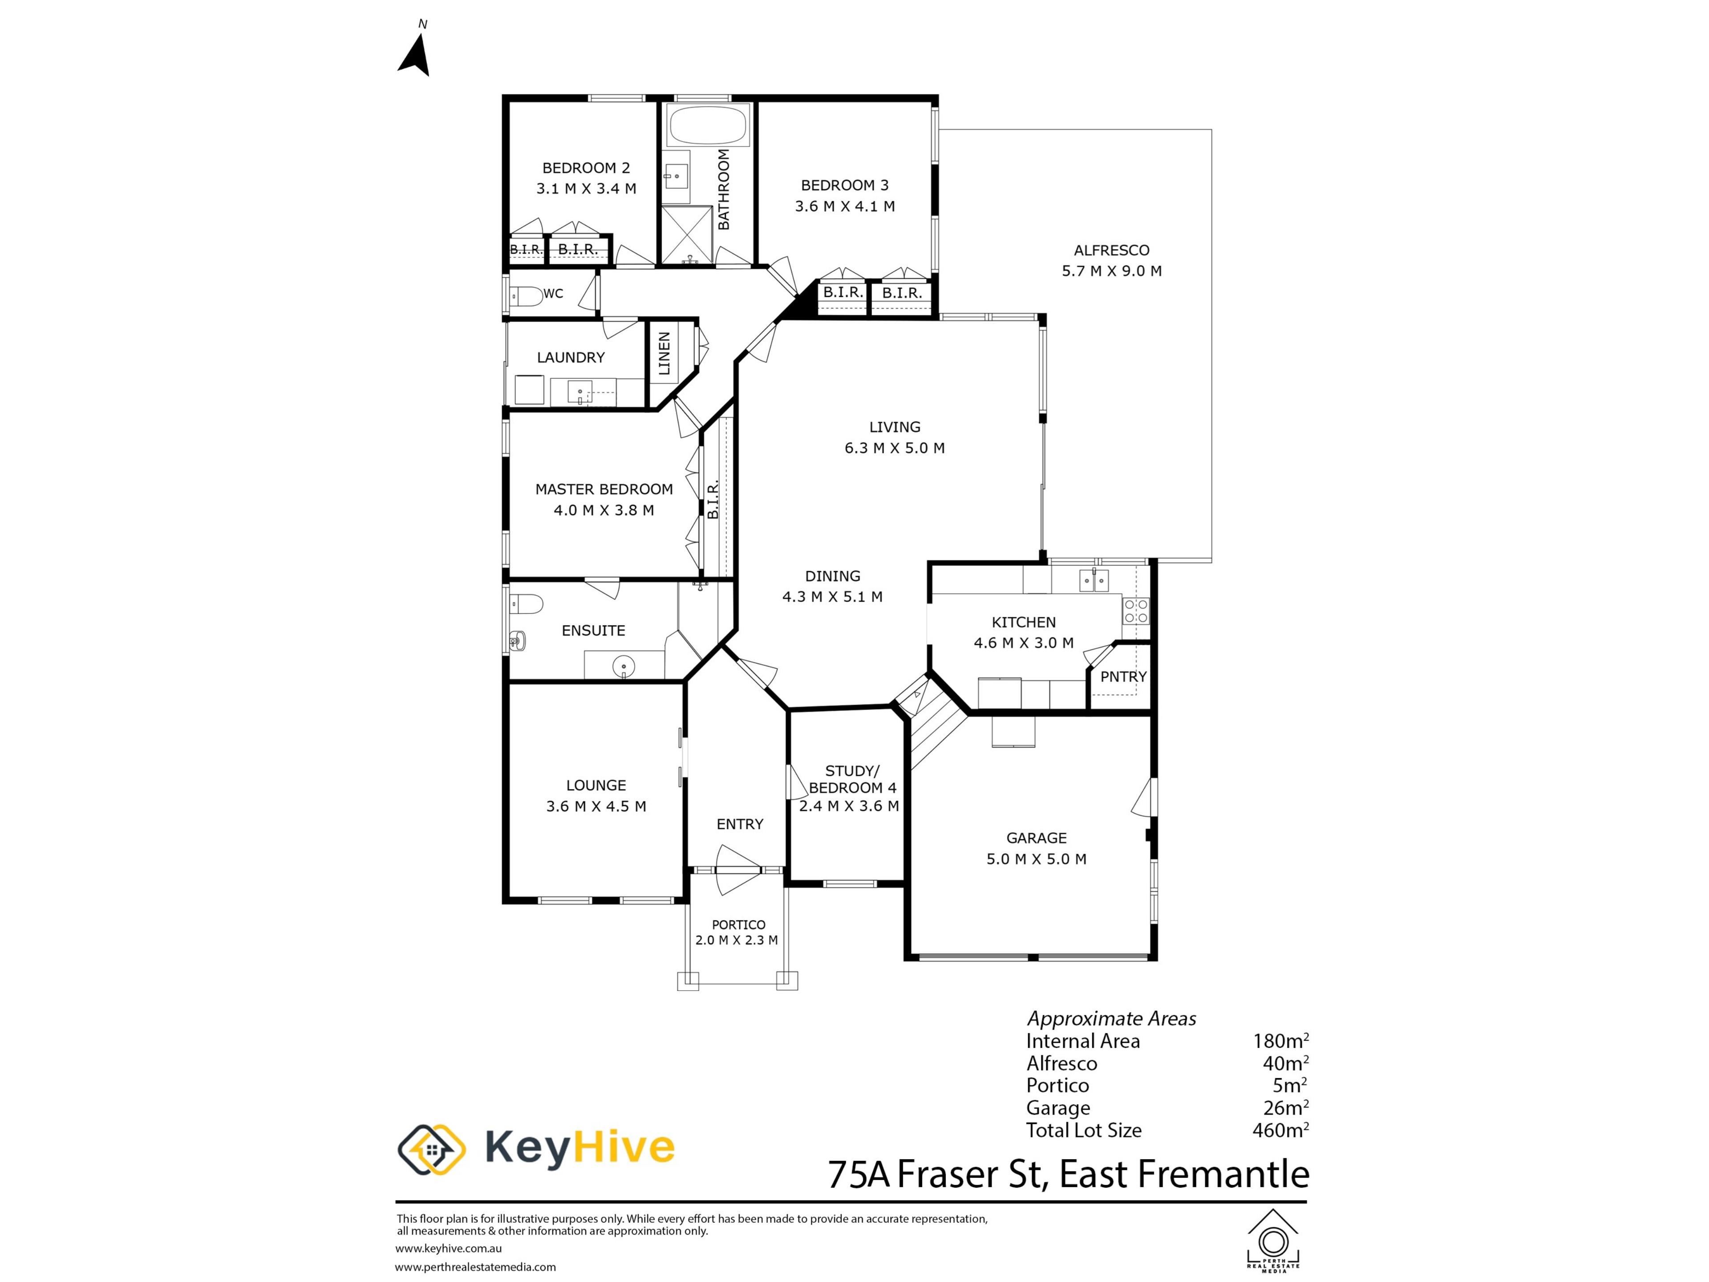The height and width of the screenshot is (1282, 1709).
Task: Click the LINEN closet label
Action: (664, 354)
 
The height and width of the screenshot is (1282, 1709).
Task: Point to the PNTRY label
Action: (1123, 677)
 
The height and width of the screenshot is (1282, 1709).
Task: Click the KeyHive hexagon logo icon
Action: (431, 1149)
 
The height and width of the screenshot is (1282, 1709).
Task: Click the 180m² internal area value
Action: (1280, 1041)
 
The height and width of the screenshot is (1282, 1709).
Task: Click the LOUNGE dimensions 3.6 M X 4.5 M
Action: (595, 806)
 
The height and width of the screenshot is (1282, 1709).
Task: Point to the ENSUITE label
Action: (593, 631)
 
